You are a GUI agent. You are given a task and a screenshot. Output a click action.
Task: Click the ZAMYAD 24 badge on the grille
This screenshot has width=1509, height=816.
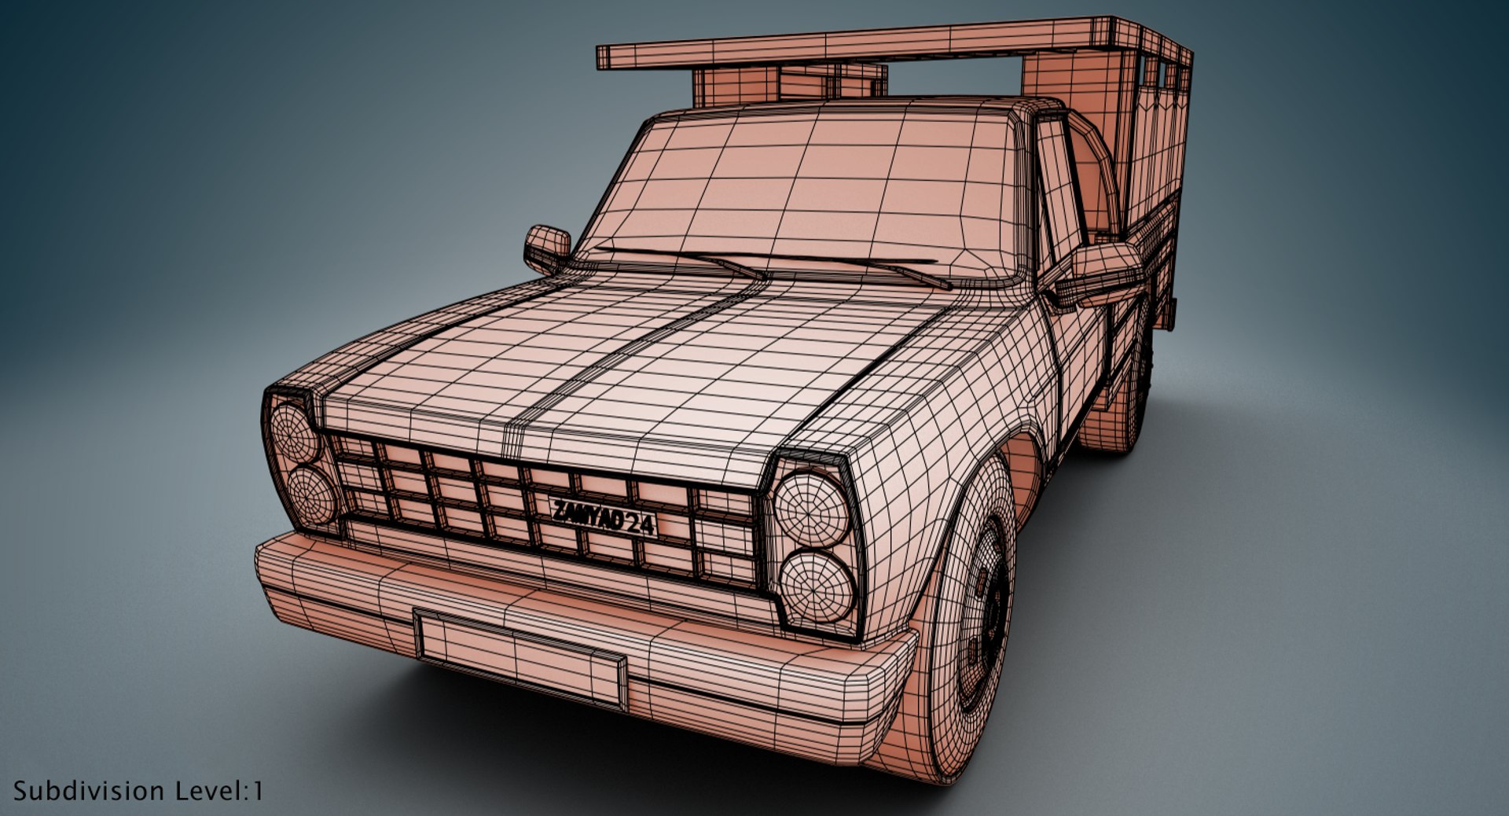coord(604,516)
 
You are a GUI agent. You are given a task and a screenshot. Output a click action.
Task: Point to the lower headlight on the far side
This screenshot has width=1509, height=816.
coord(312,497)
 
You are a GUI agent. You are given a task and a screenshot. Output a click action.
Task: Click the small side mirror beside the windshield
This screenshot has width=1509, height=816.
coord(547,246)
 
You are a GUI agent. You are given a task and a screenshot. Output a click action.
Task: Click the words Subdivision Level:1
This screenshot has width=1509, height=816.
coord(138,791)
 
